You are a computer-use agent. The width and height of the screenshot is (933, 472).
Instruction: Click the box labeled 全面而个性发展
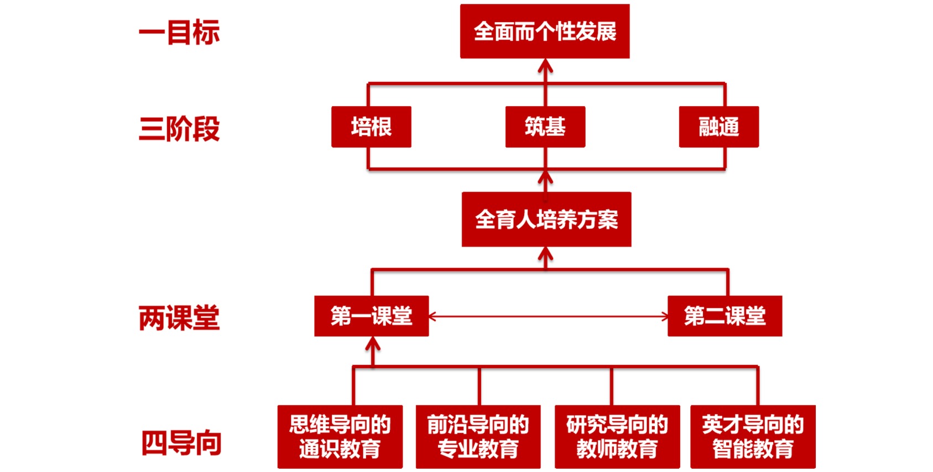545,32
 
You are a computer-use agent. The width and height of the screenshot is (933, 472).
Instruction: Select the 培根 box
371,127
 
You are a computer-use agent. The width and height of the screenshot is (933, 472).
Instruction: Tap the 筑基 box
545,127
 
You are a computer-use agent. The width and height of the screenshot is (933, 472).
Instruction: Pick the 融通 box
718,127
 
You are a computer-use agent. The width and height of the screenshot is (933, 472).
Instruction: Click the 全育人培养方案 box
546,219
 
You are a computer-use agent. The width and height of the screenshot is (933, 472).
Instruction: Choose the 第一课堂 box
371,316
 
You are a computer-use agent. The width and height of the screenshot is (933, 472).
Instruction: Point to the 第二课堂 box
724,316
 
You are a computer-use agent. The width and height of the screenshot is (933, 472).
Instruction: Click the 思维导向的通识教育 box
340,437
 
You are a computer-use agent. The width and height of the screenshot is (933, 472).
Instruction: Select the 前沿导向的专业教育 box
478,437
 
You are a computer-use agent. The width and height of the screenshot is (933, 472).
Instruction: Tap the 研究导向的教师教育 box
617,437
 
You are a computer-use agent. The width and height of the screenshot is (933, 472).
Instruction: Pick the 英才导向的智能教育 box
753,437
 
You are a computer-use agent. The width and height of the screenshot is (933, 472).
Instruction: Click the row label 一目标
179,32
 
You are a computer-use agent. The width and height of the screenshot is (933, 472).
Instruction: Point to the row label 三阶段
179,129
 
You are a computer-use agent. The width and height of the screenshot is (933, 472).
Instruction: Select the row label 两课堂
179,318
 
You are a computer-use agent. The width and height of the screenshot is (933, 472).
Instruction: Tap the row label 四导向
181,443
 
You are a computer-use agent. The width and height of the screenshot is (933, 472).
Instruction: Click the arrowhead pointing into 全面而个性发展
545,65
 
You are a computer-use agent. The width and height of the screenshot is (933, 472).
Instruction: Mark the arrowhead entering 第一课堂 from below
373,343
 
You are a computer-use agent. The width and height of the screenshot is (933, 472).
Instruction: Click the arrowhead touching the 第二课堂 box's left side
664,317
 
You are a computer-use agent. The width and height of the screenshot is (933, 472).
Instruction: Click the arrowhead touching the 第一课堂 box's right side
433,317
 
